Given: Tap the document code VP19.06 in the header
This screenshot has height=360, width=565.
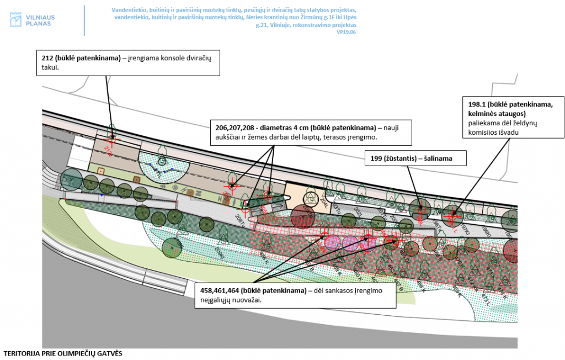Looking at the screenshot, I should click(347, 33).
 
